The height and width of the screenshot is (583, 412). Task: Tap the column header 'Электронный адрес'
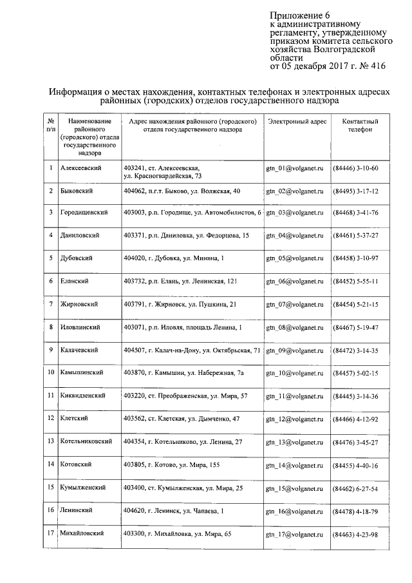point(297,121)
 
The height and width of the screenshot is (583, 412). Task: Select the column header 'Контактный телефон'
point(360,125)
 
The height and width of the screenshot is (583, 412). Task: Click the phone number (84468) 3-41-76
point(355,213)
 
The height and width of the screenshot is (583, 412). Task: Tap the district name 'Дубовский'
point(76,258)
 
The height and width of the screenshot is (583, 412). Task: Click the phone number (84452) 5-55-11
point(355,282)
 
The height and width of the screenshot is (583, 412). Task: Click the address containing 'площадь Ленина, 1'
point(183,328)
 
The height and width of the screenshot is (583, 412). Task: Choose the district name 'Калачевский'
point(79,350)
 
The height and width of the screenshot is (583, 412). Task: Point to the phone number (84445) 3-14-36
point(355,396)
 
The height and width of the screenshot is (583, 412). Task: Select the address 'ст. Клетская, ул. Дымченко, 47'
point(182,419)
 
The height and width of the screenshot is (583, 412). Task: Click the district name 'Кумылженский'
point(82,488)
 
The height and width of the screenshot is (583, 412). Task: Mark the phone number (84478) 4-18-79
point(355,511)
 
